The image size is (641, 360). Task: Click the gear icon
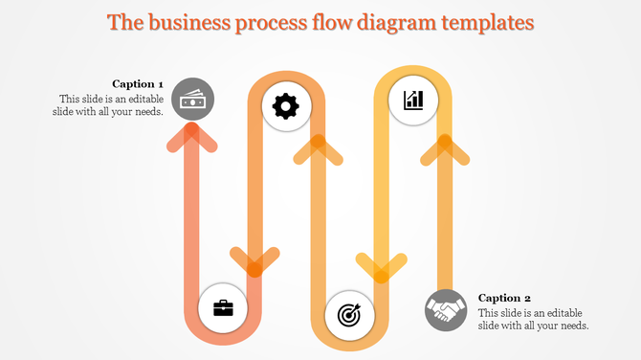pyautogui.click(x=286, y=106)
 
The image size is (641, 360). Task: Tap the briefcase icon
pyautogui.click(x=223, y=307)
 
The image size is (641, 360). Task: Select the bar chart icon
pyautogui.click(x=413, y=100)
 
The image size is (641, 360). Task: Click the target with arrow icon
pyautogui.click(x=349, y=315)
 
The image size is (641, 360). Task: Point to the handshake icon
pyautogui.click(x=446, y=310)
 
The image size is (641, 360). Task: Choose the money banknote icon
pyautogui.click(x=193, y=100)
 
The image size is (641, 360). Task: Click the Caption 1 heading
pyautogui.click(x=138, y=83)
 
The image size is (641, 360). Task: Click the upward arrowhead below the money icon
pyautogui.click(x=192, y=140)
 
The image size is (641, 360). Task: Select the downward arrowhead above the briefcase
pyautogui.click(x=254, y=260)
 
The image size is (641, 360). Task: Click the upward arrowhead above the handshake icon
pyautogui.click(x=444, y=146)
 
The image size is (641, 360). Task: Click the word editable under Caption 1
pyautogui.click(x=143, y=99)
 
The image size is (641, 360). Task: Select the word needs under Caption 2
pyautogui.click(x=569, y=326)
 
